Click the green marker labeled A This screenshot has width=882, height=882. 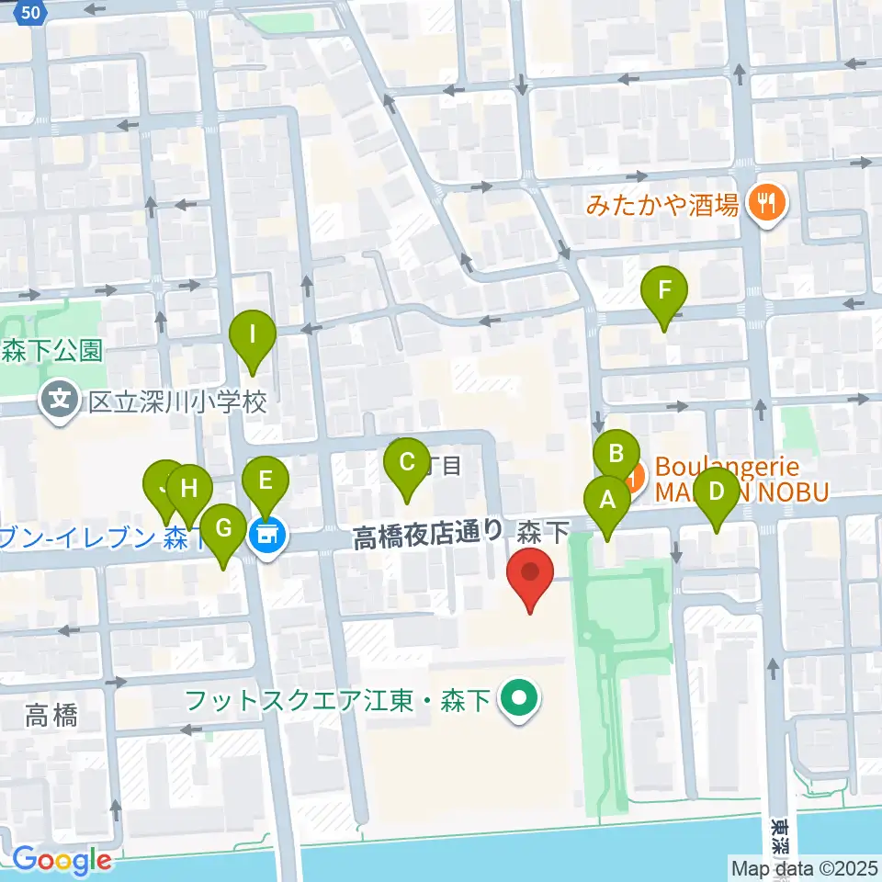click(606, 500)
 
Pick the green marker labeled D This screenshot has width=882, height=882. click(717, 491)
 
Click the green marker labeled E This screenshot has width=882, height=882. click(266, 479)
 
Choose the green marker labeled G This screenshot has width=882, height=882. click(221, 528)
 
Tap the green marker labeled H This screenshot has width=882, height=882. click(189, 488)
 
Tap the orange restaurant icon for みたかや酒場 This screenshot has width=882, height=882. click(765, 203)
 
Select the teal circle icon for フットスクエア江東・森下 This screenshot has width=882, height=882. click(518, 702)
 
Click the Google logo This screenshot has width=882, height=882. click(61, 861)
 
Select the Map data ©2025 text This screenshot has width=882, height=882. click(805, 867)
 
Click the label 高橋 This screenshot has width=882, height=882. click(51, 714)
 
